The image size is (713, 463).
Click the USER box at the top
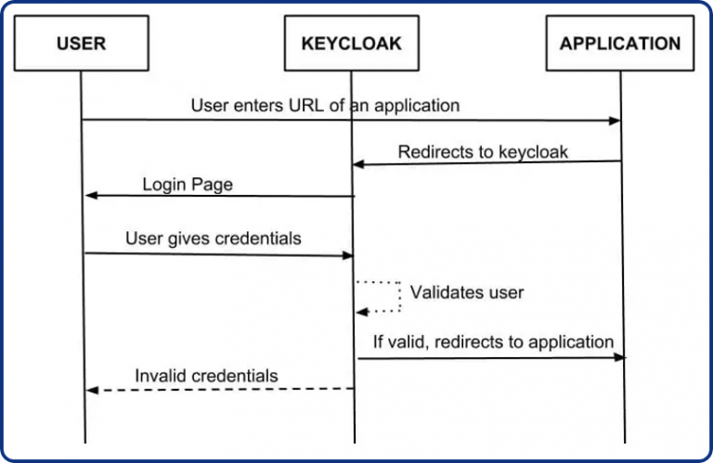(x=81, y=43)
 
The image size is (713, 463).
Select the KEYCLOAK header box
(x=352, y=43)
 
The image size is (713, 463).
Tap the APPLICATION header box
(x=619, y=43)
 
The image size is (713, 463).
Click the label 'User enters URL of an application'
(x=325, y=106)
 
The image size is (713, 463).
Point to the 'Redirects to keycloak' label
(x=483, y=152)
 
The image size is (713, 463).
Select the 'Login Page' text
(x=188, y=185)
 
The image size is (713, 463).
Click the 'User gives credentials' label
(x=214, y=238)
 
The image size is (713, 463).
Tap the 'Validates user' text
(x=467, y=292)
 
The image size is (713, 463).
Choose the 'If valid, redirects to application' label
(x=493, y=341)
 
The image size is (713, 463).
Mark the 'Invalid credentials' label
(x=206, y=376)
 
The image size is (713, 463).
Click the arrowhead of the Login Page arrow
(x=91, y=196)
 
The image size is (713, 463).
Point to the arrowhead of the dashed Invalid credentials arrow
(x=91, y=391)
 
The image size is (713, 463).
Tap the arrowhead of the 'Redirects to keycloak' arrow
(x=357, y=164)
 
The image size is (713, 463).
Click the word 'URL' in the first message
(x=308, y=106)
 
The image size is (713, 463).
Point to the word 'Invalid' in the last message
(x=161, y=376)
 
